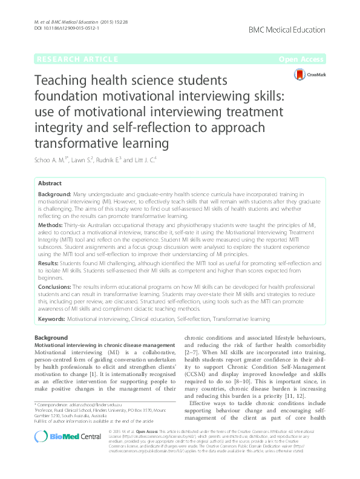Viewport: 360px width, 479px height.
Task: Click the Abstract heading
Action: point(50,183)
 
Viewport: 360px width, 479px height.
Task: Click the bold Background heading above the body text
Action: point(48,336)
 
